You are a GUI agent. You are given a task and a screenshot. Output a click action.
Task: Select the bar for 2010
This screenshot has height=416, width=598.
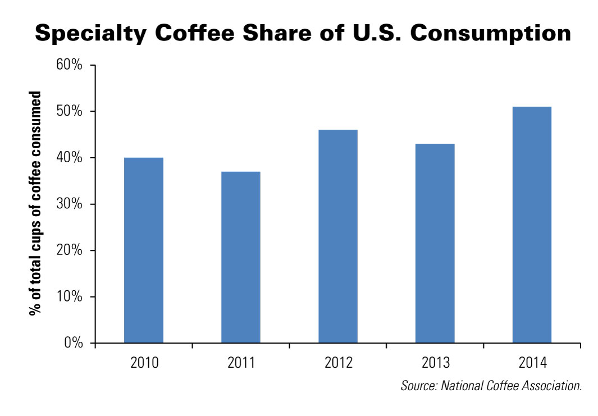(144, 250)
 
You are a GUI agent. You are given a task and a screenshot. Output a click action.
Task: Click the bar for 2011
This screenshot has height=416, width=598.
(240, 257)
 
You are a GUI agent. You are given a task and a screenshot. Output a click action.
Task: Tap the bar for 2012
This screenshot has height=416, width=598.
(338, 236)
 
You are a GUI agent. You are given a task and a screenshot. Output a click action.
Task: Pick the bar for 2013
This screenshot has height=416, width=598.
(435, 243)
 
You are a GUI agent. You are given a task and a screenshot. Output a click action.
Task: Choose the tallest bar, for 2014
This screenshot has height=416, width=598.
(532, 225)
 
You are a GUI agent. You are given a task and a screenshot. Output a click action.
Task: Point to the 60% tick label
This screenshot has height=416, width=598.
(70, 65)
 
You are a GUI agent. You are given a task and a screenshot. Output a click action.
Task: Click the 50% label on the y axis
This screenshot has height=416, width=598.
(70, 111)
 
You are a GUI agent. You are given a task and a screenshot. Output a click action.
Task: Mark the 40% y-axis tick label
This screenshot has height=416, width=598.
(70, 158)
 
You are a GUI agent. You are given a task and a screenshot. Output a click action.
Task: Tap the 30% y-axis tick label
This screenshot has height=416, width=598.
(70, 204)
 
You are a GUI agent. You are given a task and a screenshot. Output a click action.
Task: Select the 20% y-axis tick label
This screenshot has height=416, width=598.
(70, 250)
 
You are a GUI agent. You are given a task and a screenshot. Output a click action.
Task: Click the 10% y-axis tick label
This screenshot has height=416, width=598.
(70, 297)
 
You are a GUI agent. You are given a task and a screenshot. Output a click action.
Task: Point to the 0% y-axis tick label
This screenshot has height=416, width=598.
(73, 343)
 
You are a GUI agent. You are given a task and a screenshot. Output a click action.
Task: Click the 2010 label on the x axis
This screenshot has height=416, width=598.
(144, 363)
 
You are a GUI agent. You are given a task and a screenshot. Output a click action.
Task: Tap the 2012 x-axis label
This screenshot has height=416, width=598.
(338, 363)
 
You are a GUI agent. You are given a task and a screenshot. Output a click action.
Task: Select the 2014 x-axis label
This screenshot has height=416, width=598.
(532, 363)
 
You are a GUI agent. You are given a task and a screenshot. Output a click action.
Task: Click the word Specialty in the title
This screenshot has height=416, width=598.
(91, 34)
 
